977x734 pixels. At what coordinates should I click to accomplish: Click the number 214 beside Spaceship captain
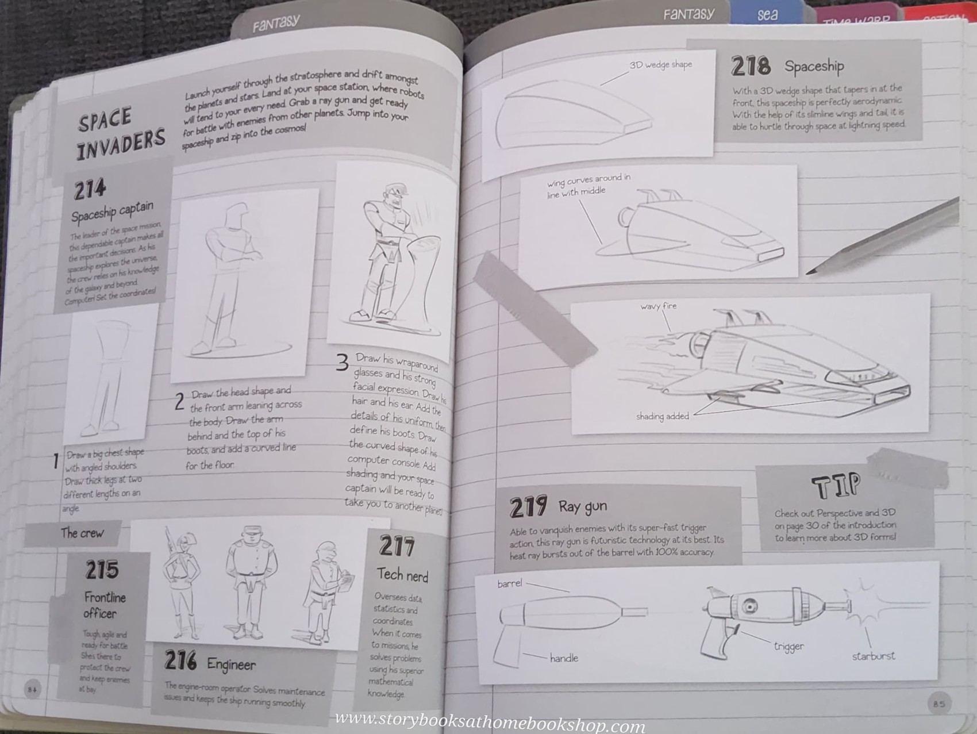coord(90,189)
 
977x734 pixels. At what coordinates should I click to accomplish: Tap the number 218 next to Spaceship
coord(751,66)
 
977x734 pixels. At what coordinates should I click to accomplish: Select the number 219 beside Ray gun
coord(528,507)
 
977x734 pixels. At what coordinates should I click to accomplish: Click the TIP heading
coord(836,486)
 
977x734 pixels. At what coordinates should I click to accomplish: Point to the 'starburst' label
coord(873,656)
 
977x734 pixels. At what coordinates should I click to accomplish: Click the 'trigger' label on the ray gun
coord(788,647)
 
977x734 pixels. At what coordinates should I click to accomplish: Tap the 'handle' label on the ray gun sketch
coord(564,658)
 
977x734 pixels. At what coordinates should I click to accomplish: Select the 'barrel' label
coord(510,583)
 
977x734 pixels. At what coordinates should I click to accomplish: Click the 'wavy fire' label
coord(659,306)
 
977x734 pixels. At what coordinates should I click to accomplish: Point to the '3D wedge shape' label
coord(660,65)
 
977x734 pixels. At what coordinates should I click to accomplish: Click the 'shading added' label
coord(662,416)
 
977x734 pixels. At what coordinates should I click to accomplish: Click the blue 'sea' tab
coord(767,14)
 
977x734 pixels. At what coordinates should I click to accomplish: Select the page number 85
coord(938,704)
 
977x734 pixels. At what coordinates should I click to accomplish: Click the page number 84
coord(32,689)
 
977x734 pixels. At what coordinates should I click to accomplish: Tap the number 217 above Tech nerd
coord(397,546)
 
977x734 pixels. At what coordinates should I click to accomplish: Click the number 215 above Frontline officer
coord(102,570)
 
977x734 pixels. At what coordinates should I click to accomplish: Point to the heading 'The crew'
coord(82,533)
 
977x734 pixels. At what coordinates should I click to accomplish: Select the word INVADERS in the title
coord(121,144)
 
